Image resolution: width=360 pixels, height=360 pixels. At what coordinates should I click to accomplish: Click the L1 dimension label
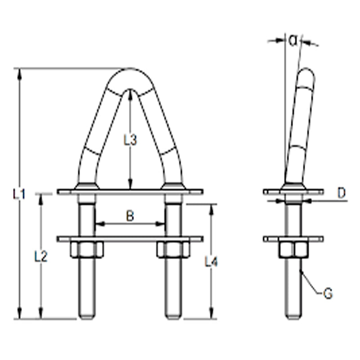(18, 194)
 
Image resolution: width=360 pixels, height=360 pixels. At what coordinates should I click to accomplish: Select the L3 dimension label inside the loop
(130, 140)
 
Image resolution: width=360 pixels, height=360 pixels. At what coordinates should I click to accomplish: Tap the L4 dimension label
(211, 262)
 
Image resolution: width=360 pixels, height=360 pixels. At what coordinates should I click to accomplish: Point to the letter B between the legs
(130, 216)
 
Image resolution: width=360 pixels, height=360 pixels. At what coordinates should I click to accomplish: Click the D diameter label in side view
(342, 193)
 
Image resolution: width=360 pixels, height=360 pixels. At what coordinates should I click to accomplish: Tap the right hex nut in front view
(173, 250)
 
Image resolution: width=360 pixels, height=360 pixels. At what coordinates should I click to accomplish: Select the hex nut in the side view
(293, 249)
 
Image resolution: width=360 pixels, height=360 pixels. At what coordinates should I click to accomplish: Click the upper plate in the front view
(130, 192)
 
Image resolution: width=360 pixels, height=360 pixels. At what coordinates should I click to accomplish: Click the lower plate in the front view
(130, 238)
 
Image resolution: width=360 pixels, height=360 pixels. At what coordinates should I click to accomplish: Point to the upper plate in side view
(293, 192)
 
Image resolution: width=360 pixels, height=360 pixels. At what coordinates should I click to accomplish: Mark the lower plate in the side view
(293, 238)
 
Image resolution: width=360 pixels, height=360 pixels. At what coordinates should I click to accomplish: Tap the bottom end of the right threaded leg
(173, 315)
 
